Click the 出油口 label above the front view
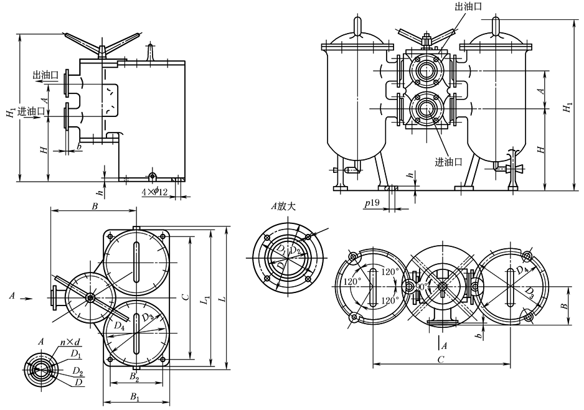click(468, 7)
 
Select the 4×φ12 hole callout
click(154, 192)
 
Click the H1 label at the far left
click(11, 111)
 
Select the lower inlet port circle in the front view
click(427, 107)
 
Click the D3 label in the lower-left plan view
click(147, 319)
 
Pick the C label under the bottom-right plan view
click(441, 359)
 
